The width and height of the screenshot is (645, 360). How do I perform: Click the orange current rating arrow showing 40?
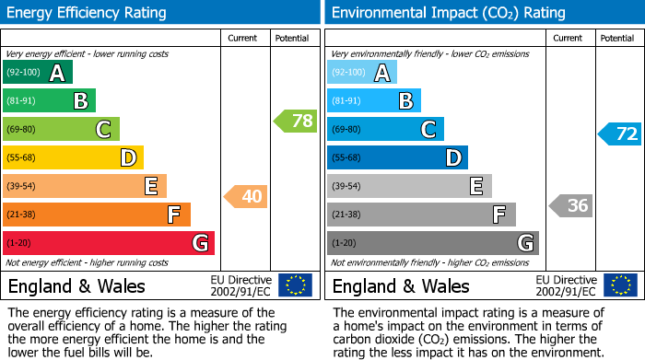pos(245,196)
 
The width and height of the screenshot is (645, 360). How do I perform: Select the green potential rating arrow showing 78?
pos(295,121)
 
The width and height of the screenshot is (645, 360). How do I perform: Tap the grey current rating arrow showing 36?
pos(570,205)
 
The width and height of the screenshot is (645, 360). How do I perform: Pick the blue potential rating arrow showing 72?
pos(620,134)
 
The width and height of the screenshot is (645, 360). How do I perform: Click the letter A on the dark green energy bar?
pos(57,73)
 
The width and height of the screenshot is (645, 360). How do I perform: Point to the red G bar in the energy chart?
pos(109,243)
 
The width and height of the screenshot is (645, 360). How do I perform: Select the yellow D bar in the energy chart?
pos(73,157)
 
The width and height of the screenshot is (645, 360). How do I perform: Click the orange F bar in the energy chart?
pos(97,215)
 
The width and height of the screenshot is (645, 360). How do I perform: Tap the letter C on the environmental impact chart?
pos(428,130)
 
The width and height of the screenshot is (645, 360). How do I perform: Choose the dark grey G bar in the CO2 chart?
pos(432,243)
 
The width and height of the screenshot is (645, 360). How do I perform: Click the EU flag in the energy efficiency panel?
pos(296,285)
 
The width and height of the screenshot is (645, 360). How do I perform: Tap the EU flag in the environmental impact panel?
pos(620,285)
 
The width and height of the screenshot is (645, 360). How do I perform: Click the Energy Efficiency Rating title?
pos(88,13)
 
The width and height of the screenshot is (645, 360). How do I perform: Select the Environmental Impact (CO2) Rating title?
pos(448,13)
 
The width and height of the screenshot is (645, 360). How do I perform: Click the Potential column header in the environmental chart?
pos(617,38)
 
